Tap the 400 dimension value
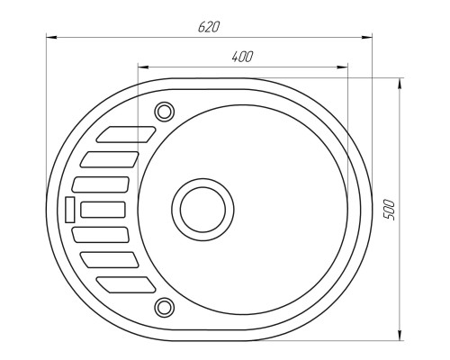point(241,57)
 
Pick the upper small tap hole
point(164,111)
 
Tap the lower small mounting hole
point(164,308)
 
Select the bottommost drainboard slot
point(124,284)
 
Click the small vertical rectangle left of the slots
point(70,210)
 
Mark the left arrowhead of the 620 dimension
point(50,37)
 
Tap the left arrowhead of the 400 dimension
point(141,66)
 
